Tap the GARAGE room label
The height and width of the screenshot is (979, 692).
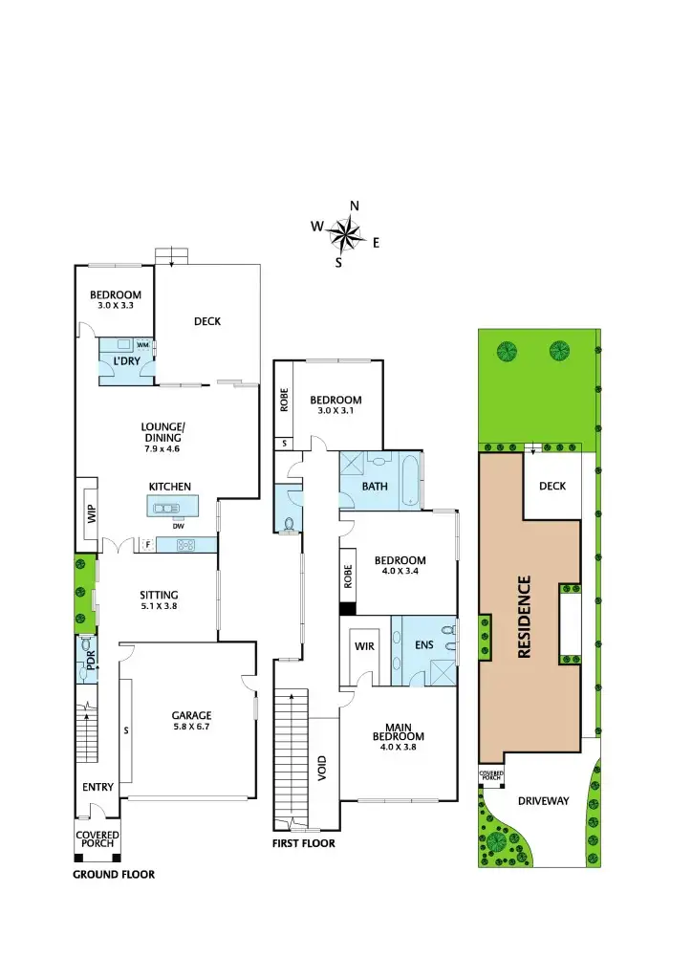tap(191, 715)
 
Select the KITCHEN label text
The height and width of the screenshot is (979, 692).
tap(169, 487)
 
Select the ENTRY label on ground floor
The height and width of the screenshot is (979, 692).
tap(97, 788)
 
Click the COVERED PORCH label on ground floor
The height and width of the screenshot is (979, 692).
tap(97, 838)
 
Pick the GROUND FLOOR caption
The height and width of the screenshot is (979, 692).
tap(114, 874)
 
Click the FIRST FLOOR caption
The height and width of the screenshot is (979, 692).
tap(304, 844)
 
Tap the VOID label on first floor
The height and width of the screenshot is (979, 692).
tap(323, 768)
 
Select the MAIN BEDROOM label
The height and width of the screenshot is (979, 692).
tap(398, 731)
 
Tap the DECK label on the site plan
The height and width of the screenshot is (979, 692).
tap(552, 486)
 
